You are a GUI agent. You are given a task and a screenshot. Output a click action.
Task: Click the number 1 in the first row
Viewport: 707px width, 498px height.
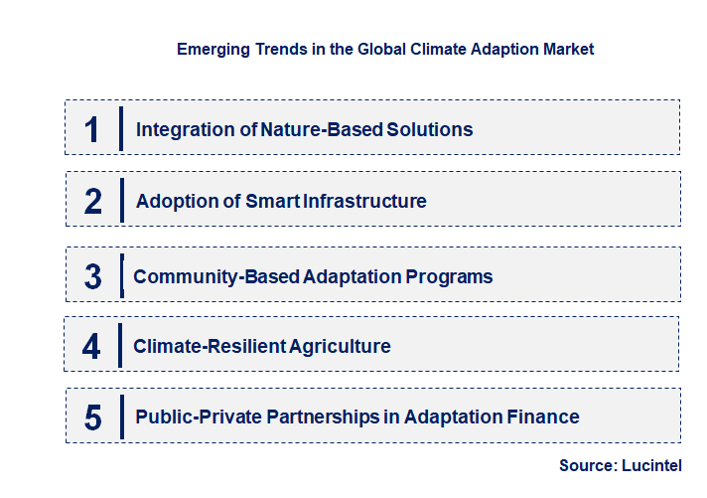(x=91, y=129)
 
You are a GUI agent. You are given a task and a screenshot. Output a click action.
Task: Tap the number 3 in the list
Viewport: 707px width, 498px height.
(x=92, y=276)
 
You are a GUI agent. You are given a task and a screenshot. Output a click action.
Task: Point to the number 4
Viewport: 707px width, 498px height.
(x=91, y=347)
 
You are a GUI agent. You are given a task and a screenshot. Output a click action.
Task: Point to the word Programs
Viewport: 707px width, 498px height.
(x=452, y=276)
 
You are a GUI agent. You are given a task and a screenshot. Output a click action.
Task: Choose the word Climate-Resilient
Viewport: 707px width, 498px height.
(x=210, y=347)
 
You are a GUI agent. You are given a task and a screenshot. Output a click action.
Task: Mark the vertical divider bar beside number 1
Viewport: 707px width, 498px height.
(x=120, y=129)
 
